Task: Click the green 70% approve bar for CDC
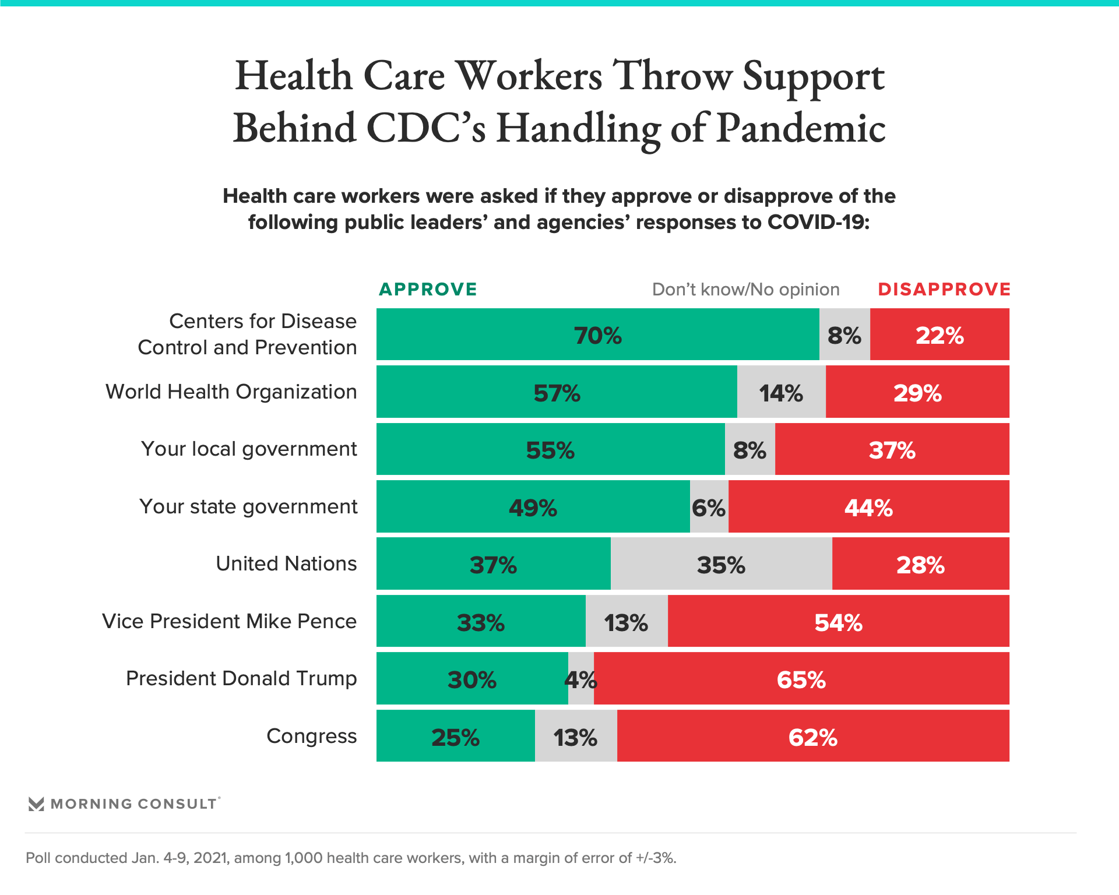(597, 334)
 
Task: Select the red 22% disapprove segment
(939, 334)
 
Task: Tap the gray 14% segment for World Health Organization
(781, 392)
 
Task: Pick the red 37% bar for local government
(892, 449)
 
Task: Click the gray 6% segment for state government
(709, 507)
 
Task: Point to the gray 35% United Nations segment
(721, 564)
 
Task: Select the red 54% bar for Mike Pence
(838, 622)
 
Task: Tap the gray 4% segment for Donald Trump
(581, 679)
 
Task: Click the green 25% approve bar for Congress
(455, 737)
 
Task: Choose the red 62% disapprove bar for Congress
(813, 737)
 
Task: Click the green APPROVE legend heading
(428, 289)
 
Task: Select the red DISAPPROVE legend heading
(944, 289)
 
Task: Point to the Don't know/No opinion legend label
(745, 289)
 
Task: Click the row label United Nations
(286, 564)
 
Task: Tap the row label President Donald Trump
(241, 679)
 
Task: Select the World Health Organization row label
(231, 392)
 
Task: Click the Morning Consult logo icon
(36, 804)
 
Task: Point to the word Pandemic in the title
(801, 128)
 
